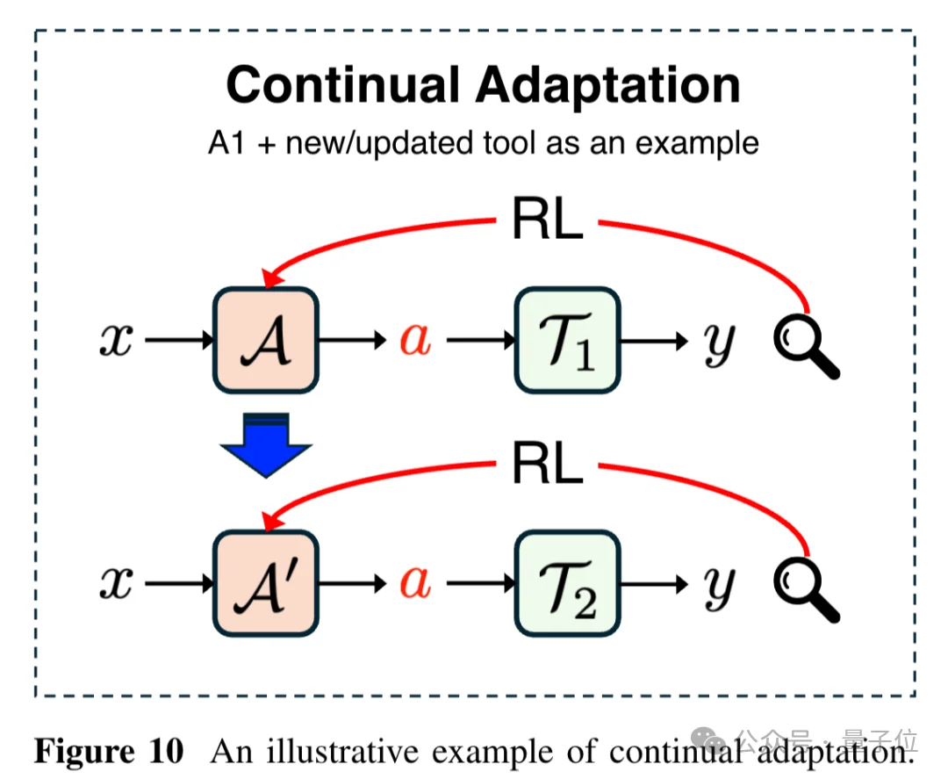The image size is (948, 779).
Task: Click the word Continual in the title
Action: pos(342,86)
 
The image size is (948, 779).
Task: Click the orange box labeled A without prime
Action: pos(265,340)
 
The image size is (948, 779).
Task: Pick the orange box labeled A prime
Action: pos(265,583)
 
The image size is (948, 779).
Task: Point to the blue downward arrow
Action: pos(265,444)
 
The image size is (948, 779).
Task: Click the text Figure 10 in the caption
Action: pos(109,752)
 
